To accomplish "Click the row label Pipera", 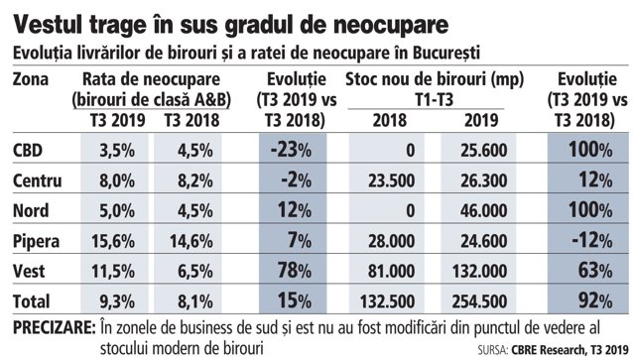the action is click(36, 242).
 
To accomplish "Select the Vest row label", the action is click(29, 271).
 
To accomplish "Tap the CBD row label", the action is click(28, 150).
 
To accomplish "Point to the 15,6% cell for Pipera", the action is click(113, 241).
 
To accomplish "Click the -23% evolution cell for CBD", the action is click(291, 150).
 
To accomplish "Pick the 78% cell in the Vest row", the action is click(295, 271).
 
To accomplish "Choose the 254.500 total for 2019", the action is click(479, 301).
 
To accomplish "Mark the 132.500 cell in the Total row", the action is click(387, 301).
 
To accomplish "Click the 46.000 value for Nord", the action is click(483, 210).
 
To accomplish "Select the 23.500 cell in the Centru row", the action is click(391, 180).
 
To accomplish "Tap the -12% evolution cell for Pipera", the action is click(592, 241).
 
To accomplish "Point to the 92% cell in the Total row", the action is click(595, 300).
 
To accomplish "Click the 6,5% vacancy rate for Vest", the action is click(195, 271).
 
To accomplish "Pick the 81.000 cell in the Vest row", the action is click(391, 271).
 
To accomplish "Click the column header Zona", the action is click(31, 79).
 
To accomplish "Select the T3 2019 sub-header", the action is click(117, 120).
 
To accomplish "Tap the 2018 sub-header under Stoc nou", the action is click(389, 120).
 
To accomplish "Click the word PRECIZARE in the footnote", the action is click(55, 327).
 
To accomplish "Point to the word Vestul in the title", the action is click(49, 25).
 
